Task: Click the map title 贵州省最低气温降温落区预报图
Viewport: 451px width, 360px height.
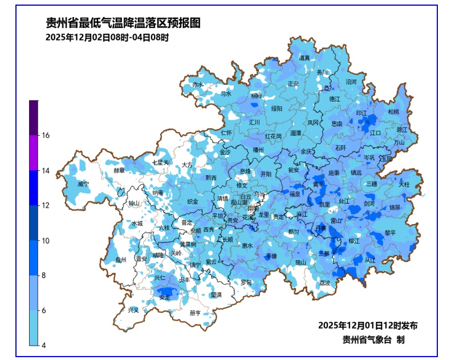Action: [x=123, y=23]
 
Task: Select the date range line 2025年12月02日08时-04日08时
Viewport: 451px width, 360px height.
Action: [x=107, y=38]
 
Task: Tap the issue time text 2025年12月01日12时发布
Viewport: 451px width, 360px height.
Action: [x=367, y=325]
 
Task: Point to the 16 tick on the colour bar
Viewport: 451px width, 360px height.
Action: [x=44, y=135]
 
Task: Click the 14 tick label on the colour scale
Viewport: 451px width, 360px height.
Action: [x=44, y=170]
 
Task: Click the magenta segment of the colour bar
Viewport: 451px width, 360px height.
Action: [x=34, y=152]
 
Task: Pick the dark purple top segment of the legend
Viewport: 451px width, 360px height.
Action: [x=34, y=118]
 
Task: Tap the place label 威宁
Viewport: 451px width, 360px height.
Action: [x=83, y=184]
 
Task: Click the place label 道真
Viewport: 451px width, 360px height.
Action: [x=304, y=58]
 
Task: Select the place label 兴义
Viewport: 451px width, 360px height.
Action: [x=133, y=310]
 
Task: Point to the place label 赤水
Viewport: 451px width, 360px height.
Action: [x=197, y=84]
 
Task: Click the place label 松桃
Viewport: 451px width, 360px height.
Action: [x=393, y=112]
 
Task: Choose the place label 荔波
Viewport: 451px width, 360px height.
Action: [x=324, y=282]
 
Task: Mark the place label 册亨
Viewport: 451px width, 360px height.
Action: [x=195, y=313]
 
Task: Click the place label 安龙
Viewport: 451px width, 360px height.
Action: [x=165, y=297]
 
